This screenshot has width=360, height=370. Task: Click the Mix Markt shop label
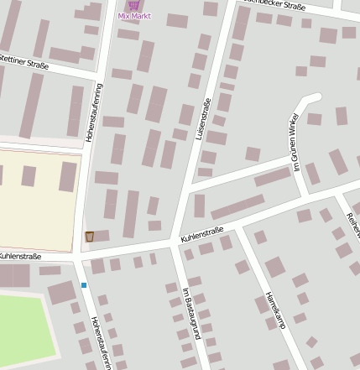tap(134, 15)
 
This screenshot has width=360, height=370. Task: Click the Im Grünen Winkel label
tap(295, 143)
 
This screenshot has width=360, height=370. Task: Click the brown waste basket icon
tap(90, 237)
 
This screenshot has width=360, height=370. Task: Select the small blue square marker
tap(84, 285)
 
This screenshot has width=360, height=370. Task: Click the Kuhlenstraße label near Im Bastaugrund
tap(202, 235)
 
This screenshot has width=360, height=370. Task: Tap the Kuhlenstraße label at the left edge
tap(20, 254)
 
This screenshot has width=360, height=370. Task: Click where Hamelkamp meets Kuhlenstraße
tap(237, 227)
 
